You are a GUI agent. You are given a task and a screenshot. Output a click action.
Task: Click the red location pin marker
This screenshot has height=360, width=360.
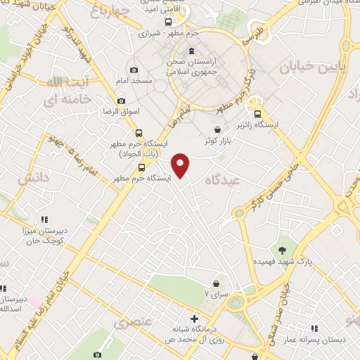[x=181, y=165]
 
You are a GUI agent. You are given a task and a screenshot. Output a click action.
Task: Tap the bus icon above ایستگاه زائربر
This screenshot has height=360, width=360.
[x=257, y=114]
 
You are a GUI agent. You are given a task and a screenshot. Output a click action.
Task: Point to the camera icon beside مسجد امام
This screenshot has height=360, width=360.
[x=134, y=70]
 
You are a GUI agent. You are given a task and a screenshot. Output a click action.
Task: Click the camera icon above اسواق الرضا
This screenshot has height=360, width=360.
[x=121, y=101]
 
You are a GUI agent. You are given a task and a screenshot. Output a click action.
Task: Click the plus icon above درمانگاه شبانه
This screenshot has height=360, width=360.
[x=194, y=318]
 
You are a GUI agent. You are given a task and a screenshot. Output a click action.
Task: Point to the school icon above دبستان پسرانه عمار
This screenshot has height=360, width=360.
[x=315, y=328]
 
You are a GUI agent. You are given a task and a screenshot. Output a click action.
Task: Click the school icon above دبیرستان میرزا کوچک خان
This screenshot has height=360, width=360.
[x=44, y=219]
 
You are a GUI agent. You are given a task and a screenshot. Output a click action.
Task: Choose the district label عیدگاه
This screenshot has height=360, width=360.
[x=218, y=181]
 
